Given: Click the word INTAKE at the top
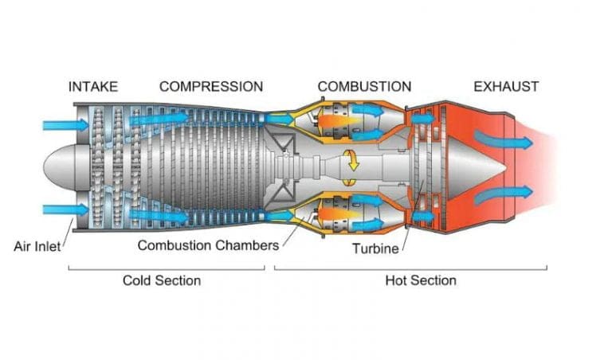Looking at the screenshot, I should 92,86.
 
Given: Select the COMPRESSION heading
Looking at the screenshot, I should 210,86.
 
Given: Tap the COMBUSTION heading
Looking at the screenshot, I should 364,86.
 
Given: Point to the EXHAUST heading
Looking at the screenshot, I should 506,86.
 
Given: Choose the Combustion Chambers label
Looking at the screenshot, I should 208,245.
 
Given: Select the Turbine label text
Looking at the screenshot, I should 375,248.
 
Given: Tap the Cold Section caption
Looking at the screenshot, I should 161,280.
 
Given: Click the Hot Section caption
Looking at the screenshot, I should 421,280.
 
